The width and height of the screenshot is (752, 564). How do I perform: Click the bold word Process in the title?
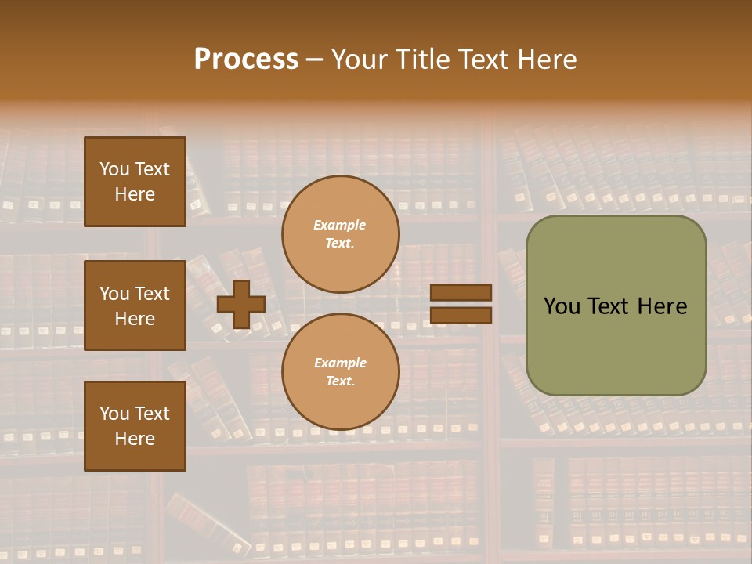pyautogui.click(x=246, y=60)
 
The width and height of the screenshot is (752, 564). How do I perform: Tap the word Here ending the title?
pyautogui.click(x=544, y=60)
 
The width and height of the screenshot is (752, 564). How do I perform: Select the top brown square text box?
pyautogui.click(x=135, y=182)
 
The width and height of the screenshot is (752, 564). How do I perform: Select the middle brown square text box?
pyautogui.click(x=135, y=305)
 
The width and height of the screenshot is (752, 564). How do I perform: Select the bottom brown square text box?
pyautogui.click(x=135, y=426)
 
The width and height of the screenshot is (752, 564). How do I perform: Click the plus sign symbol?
pyautogui.click(x=240, y=305)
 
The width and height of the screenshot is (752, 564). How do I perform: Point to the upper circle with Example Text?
pyautogui.click(x=340, y=234)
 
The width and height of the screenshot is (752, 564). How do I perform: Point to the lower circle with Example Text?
pyautogui.click(x=340, y=372)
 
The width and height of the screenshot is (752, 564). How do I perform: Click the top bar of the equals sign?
pyautogui.click(x=461, y=293)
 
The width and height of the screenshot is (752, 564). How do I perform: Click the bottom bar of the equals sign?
pyautogui.click(x=461, y=316)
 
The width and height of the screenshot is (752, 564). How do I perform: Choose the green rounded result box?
pyautogui.click(x=616, y=305)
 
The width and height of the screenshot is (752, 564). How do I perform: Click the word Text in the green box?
pyautogui.click(x=608, y=306)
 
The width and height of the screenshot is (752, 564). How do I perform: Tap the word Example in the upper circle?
pyautogui.click(x=339, y=225)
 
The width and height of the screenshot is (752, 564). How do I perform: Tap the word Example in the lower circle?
pyautogui.click(x=339, y=363)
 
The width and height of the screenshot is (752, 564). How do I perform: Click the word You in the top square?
pyautogui.click(x=114, y=169)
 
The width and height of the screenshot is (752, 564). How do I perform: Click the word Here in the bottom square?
pyautogui.click(x=135, y=439)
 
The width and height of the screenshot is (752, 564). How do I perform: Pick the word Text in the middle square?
pyautogui.click(x=152, y=294)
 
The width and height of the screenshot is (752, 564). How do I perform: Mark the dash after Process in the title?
pyautogui.click(x=314, y=60)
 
